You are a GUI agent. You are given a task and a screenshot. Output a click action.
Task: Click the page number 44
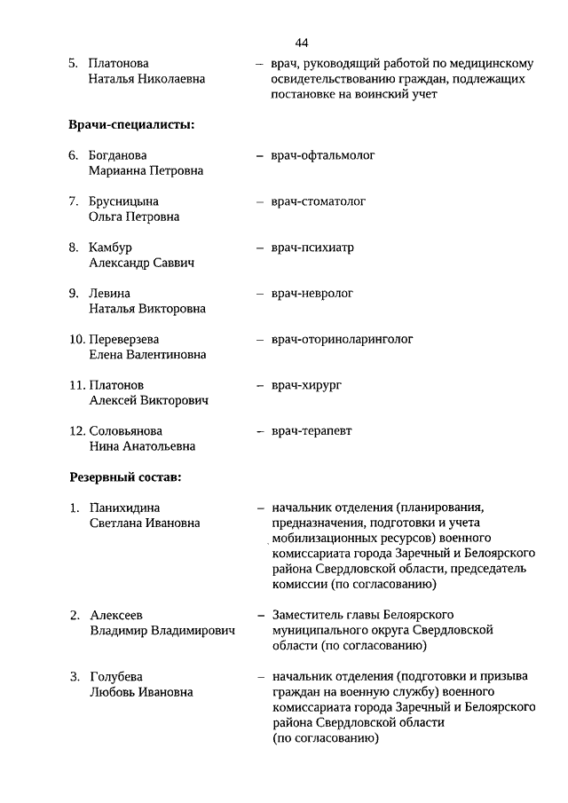tap(302, 43)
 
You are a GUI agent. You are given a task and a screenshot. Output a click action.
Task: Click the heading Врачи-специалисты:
tap(131, 124)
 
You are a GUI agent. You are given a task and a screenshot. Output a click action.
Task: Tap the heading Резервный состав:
tap(125, 477)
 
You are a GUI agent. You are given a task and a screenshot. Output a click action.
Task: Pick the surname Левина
tap(109, 294)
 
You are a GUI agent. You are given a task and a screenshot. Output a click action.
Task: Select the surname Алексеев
tap(117, 615)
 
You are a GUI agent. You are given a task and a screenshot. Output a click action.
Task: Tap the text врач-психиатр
tap(312, 248)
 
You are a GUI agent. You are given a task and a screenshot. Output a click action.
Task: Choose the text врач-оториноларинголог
tap(342, 339)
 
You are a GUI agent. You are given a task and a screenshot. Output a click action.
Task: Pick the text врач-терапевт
tap(312, 431)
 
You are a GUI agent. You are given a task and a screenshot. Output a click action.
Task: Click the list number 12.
tap(76, 431)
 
